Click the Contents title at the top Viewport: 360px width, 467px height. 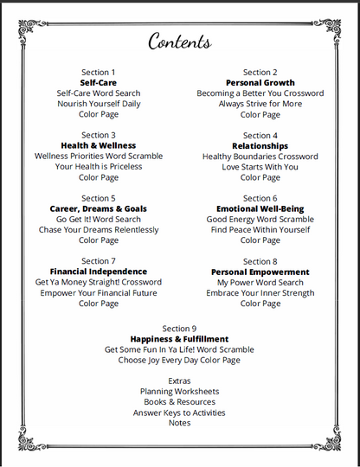pyautogui.click(x=179, y=42)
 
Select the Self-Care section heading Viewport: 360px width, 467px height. pyautogui.click(x=98, y=83)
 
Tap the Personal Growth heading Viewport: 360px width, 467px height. pyautogui.click(x=260, y=83)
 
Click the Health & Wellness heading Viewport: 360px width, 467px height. pyautogui.click(x=99, y=146)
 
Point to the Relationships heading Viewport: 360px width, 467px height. pyautogui.click(x=260, y=146)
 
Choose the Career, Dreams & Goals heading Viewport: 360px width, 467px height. pyautogui.click(x=99, y=209)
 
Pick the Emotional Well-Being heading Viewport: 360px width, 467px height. pyautogui.click(x=260, y=209)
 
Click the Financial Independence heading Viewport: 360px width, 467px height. pyautogui.click(x=99, y=272)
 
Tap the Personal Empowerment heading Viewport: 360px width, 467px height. pyautogui.click(x=260, y=272)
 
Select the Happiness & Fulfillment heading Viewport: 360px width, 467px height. pyautogui.click(x=179, y=339)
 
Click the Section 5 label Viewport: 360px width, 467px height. pyautogui.click(x=99, y=198)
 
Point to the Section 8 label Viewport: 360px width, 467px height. pyautogui.click(x=260, y=261)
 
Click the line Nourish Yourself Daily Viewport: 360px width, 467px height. pyautogui.click(x=99, y=104)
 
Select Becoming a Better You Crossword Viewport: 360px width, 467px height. pyautogui.click(x=260, y=93)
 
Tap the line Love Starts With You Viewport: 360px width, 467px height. pyautogui.click(x=260, y=167)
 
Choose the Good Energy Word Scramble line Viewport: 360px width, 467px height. pyautogui.click(x=260, y=220)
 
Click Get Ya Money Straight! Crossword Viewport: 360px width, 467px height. pyautogui.click(x=99, y=283)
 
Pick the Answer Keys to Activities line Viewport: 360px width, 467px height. pyautogui.click(x=179, y=413)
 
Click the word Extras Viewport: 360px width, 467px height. pyautogui.click(x=179, y=381)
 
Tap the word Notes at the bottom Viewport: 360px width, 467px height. pyautogui.click(x=179, y=423)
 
